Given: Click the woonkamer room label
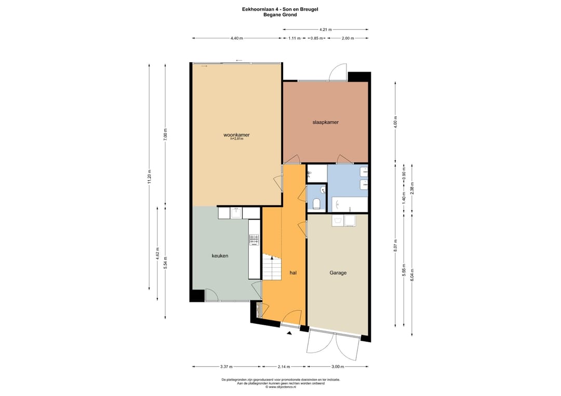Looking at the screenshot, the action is [x=236, y=135].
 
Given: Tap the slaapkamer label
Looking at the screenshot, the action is [x=325, y=122].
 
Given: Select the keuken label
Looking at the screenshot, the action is [x=220, y=256].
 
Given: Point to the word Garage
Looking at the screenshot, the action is [x=338, y=272].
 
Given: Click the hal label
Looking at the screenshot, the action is [x=293, y=272].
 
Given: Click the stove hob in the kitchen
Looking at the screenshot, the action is [x=254, y=240].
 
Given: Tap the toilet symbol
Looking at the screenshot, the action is [x=316, y=204].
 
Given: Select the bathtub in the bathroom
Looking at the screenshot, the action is [x=350, y=204].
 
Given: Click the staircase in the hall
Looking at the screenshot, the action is [x=272, y=267].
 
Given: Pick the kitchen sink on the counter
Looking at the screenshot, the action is [x=236, y=213].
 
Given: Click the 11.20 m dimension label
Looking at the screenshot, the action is [x=149, y=176].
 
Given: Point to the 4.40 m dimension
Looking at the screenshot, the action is [x=236, y=38].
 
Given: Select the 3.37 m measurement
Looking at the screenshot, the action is [x=226, y=367].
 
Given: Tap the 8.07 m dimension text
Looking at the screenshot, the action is [x=395, y=245].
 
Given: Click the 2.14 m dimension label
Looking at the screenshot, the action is [x=284, y=367].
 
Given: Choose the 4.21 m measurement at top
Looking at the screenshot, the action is [x=325, y=30].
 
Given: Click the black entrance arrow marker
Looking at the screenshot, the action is [x=289, y=333].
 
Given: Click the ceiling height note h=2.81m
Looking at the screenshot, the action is [x=236, y=139].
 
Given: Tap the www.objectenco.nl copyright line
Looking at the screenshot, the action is [x=280, y=387].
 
